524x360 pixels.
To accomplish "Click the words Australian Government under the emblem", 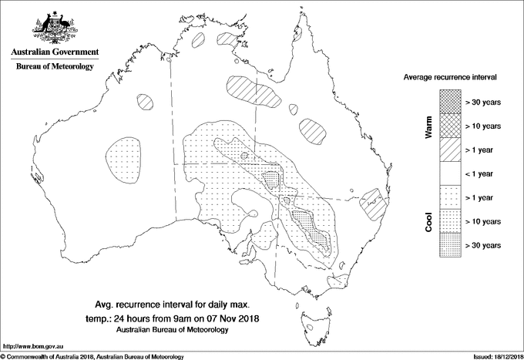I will pos(54,52).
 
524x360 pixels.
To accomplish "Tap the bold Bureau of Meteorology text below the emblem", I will pos(54,67).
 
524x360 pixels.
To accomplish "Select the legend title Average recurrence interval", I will pos(450,78).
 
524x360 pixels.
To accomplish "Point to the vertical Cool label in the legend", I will pos(429,222).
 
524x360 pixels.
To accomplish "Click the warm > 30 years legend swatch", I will pos(449,102).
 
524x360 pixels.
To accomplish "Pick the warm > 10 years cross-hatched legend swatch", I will pos(449,126).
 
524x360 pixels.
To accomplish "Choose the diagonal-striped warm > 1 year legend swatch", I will pos(449,150).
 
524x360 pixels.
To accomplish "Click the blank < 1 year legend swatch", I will pos(449,173).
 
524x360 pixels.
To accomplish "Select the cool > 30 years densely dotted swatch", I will pos(449,244).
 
